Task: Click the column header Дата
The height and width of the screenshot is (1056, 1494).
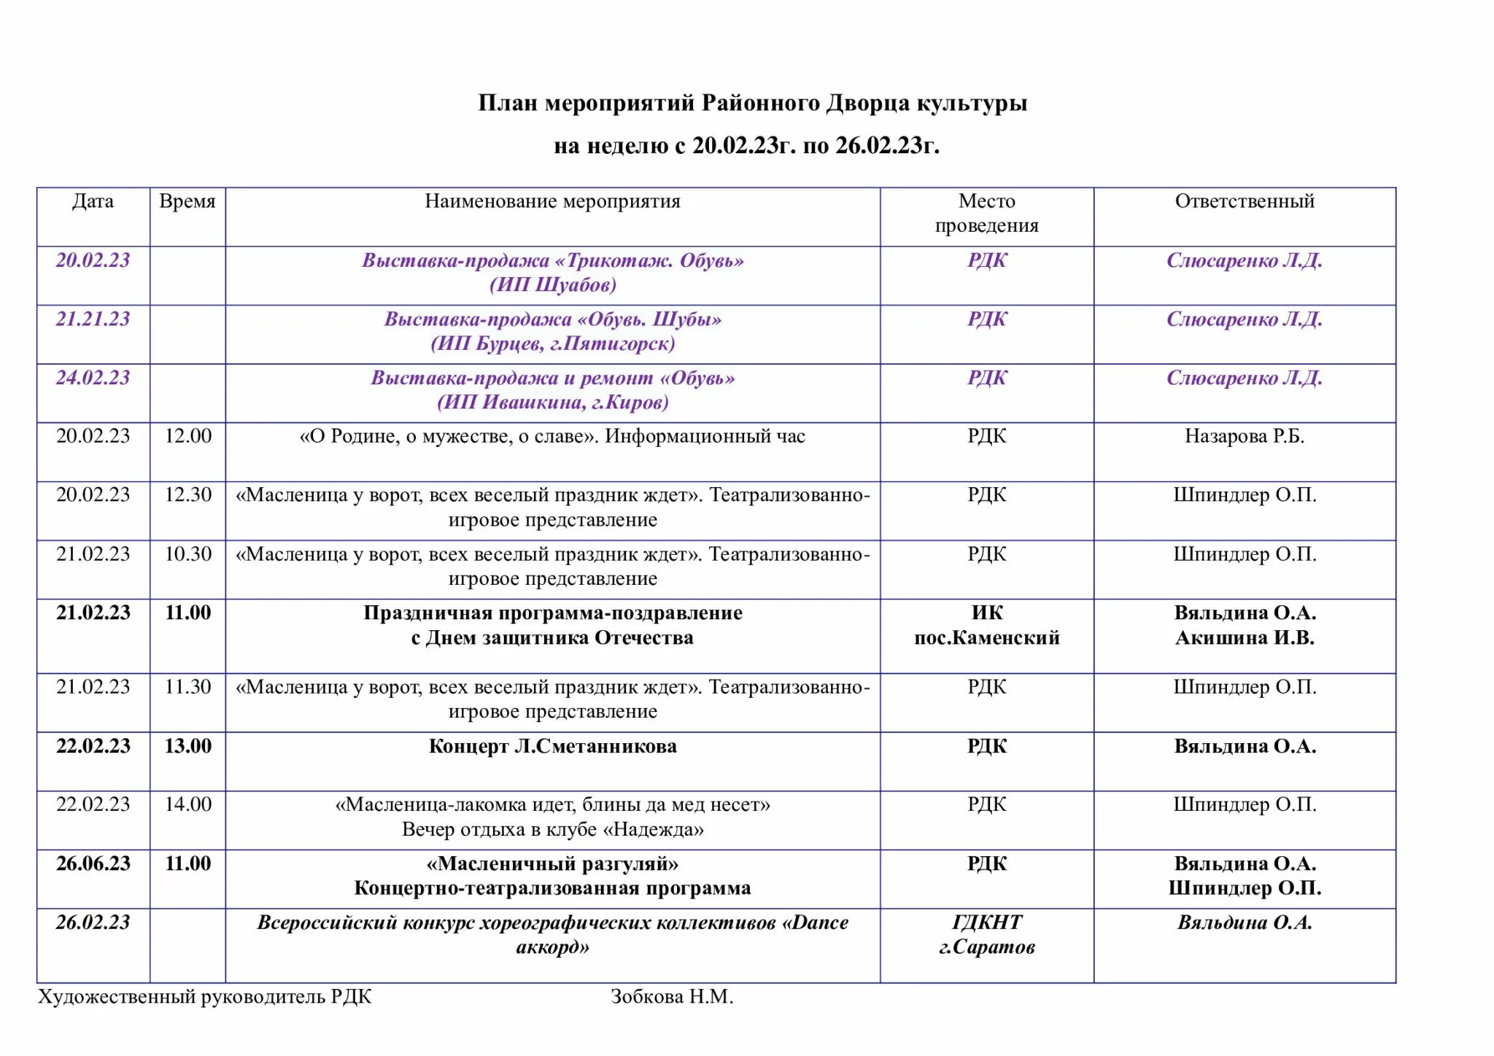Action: click(93, 201)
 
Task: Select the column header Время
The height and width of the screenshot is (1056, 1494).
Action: click(187, 201)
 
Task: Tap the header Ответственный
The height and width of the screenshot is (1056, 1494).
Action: click(1245, 201)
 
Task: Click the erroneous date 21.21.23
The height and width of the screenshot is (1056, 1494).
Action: click(93, 319)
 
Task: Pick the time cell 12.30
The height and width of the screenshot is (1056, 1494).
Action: click(187, 494)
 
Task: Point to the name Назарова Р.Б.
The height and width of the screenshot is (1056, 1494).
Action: click(1245, 436)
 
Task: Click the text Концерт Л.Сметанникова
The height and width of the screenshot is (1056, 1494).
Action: click(552, 746)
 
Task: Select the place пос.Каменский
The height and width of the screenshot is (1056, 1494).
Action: click(986, 637)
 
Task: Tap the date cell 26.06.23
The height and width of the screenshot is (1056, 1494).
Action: click(93, 863)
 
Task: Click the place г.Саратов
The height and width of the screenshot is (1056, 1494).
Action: click(986, 947)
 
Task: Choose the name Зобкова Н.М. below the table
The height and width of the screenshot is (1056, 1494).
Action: click(672, 996)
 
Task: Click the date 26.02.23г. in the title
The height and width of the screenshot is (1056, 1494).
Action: click(886, 146)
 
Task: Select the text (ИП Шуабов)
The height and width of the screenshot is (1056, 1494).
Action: click(552, 284)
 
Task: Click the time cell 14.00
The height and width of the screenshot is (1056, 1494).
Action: click(187, 804)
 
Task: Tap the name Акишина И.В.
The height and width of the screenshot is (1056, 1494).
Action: click(1245, 637)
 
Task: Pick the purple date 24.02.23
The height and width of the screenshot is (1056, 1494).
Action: click(93, 378)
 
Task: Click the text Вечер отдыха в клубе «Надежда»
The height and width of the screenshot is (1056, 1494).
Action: click(552, 829)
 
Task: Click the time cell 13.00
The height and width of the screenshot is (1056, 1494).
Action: click(187, 746)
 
